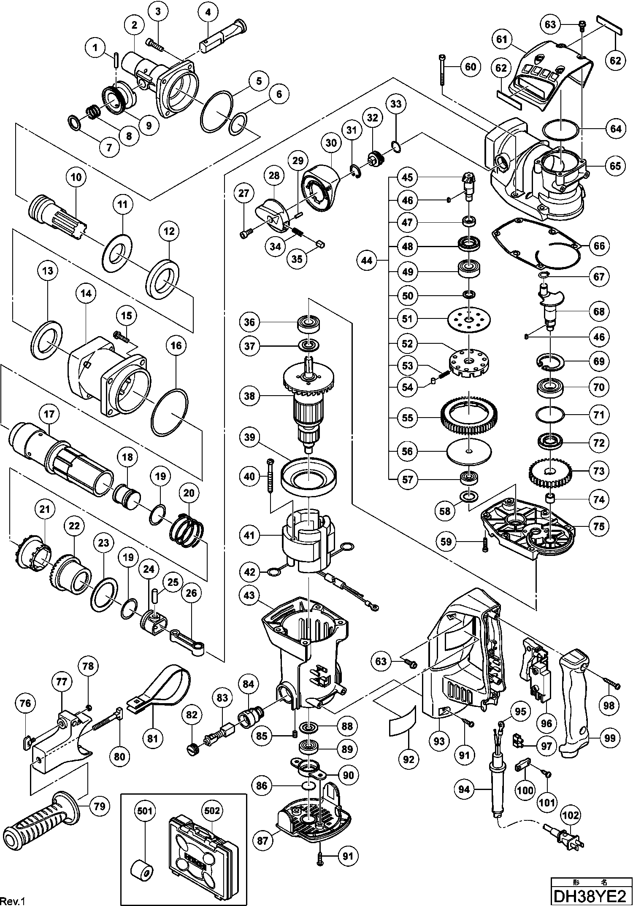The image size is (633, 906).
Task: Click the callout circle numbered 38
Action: click(250, 396)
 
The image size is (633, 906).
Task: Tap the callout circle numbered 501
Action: click(146, 811)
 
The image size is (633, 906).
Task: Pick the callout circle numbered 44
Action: click(367, 261)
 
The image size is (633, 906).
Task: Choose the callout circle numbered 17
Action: click(49, 415)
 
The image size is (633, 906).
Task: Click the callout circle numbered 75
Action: click(599, 526)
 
